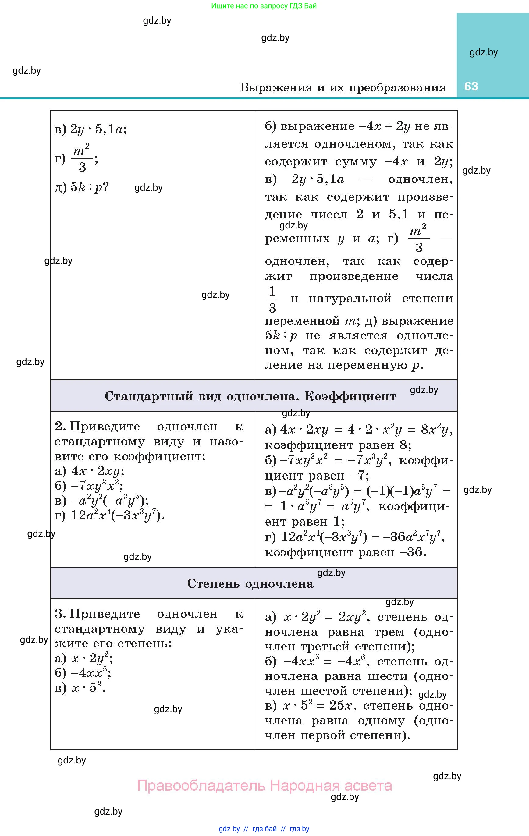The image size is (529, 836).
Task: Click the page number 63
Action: pyautogui.click(x=471, y=87)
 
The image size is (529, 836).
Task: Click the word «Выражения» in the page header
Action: pyautogui.click(x=276, y=87)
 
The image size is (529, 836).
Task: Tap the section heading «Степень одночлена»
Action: pyautogui.click(x=250, y=584)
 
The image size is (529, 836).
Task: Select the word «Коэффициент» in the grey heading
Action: pyautogui.click(x=350, y=396)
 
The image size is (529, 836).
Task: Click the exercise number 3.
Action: pyautogui.click(x=59, y=614)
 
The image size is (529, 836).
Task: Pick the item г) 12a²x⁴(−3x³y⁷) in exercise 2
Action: pyautogui.click(x=110, y=515)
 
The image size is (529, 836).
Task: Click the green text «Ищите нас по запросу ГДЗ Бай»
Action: pyautogui.click(x=264, y=6)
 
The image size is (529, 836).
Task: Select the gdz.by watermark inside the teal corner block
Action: pyautogui.click(x=484, y=52)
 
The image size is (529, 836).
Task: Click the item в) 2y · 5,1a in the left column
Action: pyautogui.click(x=91, y=129)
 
